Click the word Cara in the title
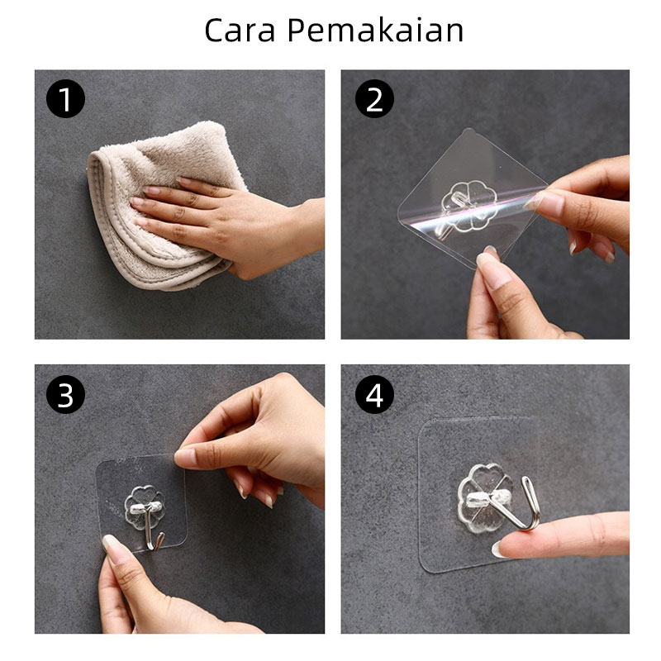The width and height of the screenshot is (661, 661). pyautogui.click(x=240, y=31)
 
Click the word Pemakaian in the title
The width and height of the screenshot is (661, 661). pyautogui.click(x=375, y=30)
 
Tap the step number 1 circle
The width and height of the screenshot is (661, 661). pyautogui.click(x=65, y=99)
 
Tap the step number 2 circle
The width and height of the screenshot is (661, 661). pyautogui.click(x=374, y=99)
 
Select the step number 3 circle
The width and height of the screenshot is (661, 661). pyautogui.click(x=65, y=395)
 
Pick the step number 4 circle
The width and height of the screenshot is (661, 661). pyautogui.click(x=374, y=395)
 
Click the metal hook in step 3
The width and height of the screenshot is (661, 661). pyautogui.click(x=150, y=528)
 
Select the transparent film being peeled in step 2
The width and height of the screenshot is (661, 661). pyautogui.click(x=472, y=198)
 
